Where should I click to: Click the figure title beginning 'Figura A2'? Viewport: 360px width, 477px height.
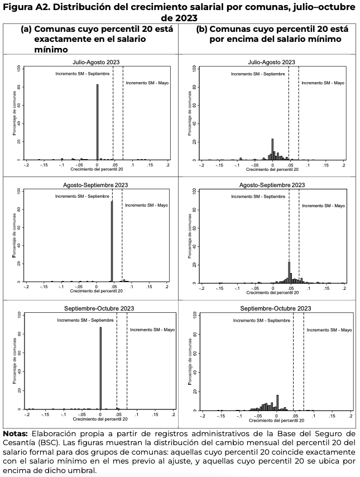coord(180,11)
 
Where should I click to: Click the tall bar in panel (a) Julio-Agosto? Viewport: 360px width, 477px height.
coord(97,122)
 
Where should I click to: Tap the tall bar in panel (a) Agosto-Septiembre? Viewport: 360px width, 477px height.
coord(112,241)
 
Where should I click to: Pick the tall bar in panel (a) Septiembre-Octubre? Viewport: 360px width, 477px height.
coord(100,369)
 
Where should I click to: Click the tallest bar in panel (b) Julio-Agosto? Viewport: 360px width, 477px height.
coord(272,149)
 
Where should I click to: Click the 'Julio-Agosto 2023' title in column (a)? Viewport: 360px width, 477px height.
coord(97,62)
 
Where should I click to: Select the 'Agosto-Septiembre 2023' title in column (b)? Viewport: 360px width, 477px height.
coord(272,185)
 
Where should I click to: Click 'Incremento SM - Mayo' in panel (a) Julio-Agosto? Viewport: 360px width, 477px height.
coord(147,83)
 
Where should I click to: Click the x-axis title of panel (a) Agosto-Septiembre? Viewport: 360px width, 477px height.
coord(97,291)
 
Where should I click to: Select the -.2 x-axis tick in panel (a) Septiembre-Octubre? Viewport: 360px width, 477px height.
coord(27,415)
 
